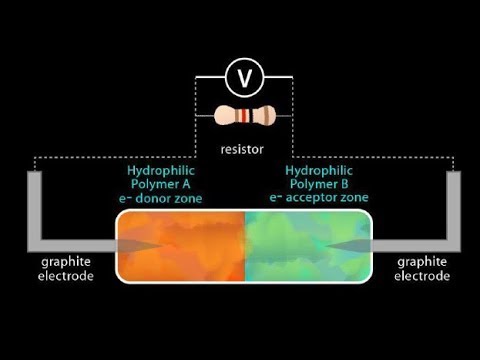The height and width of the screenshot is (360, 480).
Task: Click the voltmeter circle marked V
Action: pyautogui.click(x=241, y=76)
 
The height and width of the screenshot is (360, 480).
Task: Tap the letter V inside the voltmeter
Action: pyautogui.click(x=241, y=76)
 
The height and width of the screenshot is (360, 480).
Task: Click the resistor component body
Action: pyautogui.click(x=241, y=116)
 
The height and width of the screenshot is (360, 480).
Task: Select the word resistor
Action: pyautogui.click(x=241, y=150)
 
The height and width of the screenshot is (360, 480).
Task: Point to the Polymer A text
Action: pyautogui.click(x=166, y=184)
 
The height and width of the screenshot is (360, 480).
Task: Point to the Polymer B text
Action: pyautogui.click(x=318, y=184)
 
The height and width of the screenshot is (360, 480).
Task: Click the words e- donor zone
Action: pyautogui.click(x=165, y=199)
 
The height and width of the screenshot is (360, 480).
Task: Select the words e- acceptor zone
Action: pyautogui.click(x=318, y=199)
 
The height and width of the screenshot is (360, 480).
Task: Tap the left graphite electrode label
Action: pyautogui.click(x=68, y=268)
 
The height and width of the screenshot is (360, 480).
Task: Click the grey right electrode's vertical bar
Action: pyautogui.click(x=452, y=205)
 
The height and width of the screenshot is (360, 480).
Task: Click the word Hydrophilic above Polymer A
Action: pyautogui.click(x=166, y=170)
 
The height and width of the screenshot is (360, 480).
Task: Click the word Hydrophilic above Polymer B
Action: pyautogui.click(x=318, y=170)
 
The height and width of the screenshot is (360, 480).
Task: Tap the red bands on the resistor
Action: pyautogui.click(x=243, y=116)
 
